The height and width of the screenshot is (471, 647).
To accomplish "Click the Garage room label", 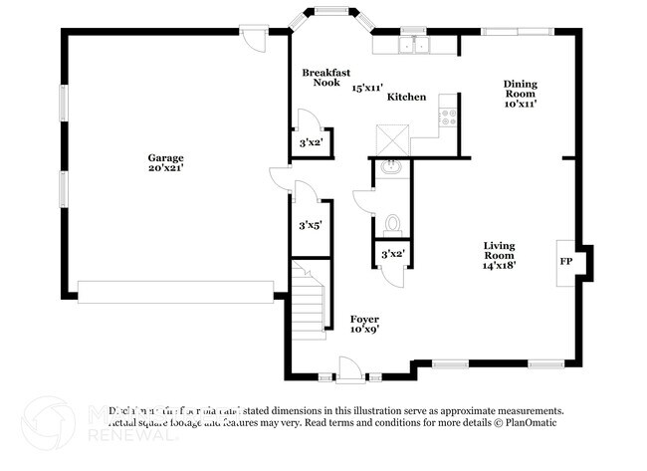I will click(x=165, y=157).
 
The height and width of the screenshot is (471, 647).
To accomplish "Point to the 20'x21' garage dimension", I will click(x=165, y=168).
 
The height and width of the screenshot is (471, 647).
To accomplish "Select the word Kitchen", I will click(x=407, y=97).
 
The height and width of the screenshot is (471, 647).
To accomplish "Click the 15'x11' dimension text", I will click(x=368, y=88).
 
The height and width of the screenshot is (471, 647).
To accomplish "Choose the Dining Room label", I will click(x=521, y=90).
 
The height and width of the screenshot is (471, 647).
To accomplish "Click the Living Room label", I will click(x=499, y=251).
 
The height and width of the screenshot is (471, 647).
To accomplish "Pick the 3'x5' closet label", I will click(x=311, y=224).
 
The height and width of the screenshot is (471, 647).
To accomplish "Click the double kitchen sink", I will click(x=413, y=46).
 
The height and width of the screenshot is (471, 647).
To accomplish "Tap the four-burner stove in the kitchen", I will click(x=448, y=114).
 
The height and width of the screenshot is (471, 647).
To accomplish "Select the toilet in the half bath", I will click(x=392, y=221).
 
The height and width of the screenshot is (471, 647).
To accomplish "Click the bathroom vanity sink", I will click(x=391, y=166).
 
